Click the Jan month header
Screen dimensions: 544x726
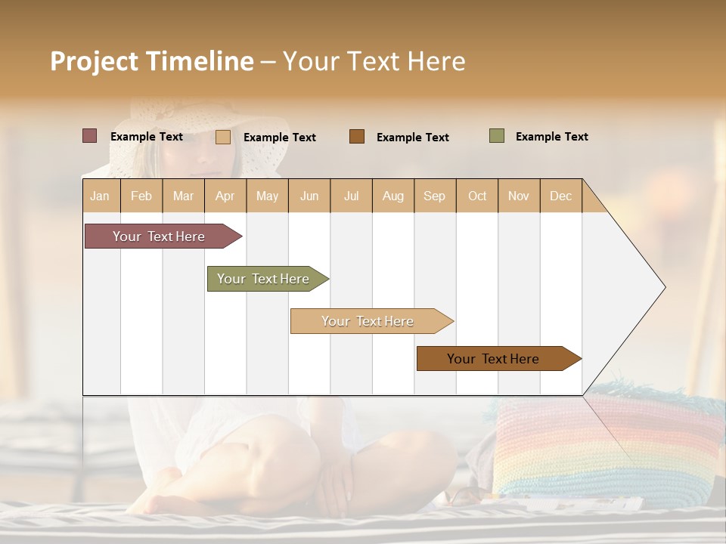(101, 196)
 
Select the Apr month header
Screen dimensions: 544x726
(225, 196)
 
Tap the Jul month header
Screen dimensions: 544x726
(351, 196)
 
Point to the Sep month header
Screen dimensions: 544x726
(434, 196)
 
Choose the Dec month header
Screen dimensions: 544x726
(560, 196)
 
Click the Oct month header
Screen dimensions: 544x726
(476, 196)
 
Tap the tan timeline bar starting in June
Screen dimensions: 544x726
(369, 321)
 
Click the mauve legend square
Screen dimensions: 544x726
(89, 136)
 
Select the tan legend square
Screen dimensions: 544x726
(222, 137)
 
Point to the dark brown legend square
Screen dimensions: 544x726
(356, 137)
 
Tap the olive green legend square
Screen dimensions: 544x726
(496, 136)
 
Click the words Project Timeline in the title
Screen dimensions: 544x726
(151, 61)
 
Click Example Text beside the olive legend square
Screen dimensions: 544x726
(551, 137)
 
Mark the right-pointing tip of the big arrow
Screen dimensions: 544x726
(664, 287)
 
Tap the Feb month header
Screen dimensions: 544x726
(141, 196)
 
